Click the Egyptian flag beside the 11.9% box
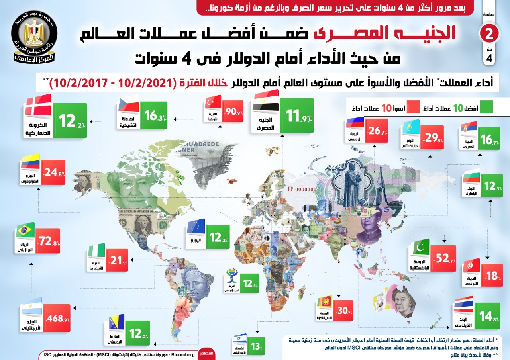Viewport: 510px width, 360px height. click(x=266, y=102)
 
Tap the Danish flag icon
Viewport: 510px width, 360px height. click(x=38, y=105)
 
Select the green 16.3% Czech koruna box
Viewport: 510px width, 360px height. click(x=153, y=116)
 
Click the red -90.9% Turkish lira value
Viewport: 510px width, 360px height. click(x=233, y=112)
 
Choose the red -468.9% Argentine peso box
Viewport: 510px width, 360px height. click(x=57, y=319)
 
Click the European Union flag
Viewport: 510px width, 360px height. click(x=196, y=227)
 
